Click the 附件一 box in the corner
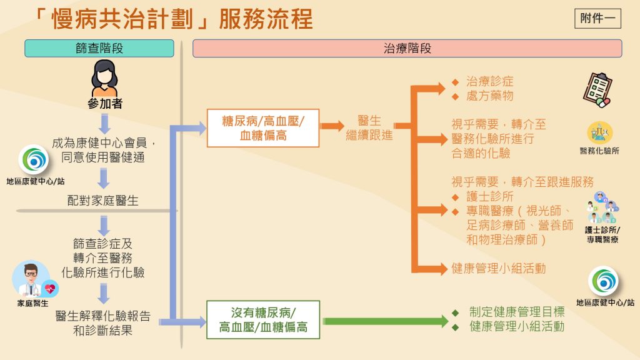tap(597, 18)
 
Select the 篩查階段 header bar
tap(99, 49)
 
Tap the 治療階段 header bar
tap(407, 49)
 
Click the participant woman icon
tap(104, 77)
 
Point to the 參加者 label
tap(104, 104)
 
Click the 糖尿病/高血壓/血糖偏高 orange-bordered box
tap(263, 127)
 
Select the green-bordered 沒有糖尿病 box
tap(263, 319)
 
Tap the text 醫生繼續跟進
tap(369, 127)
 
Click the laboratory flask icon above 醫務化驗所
tap(599, 132)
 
